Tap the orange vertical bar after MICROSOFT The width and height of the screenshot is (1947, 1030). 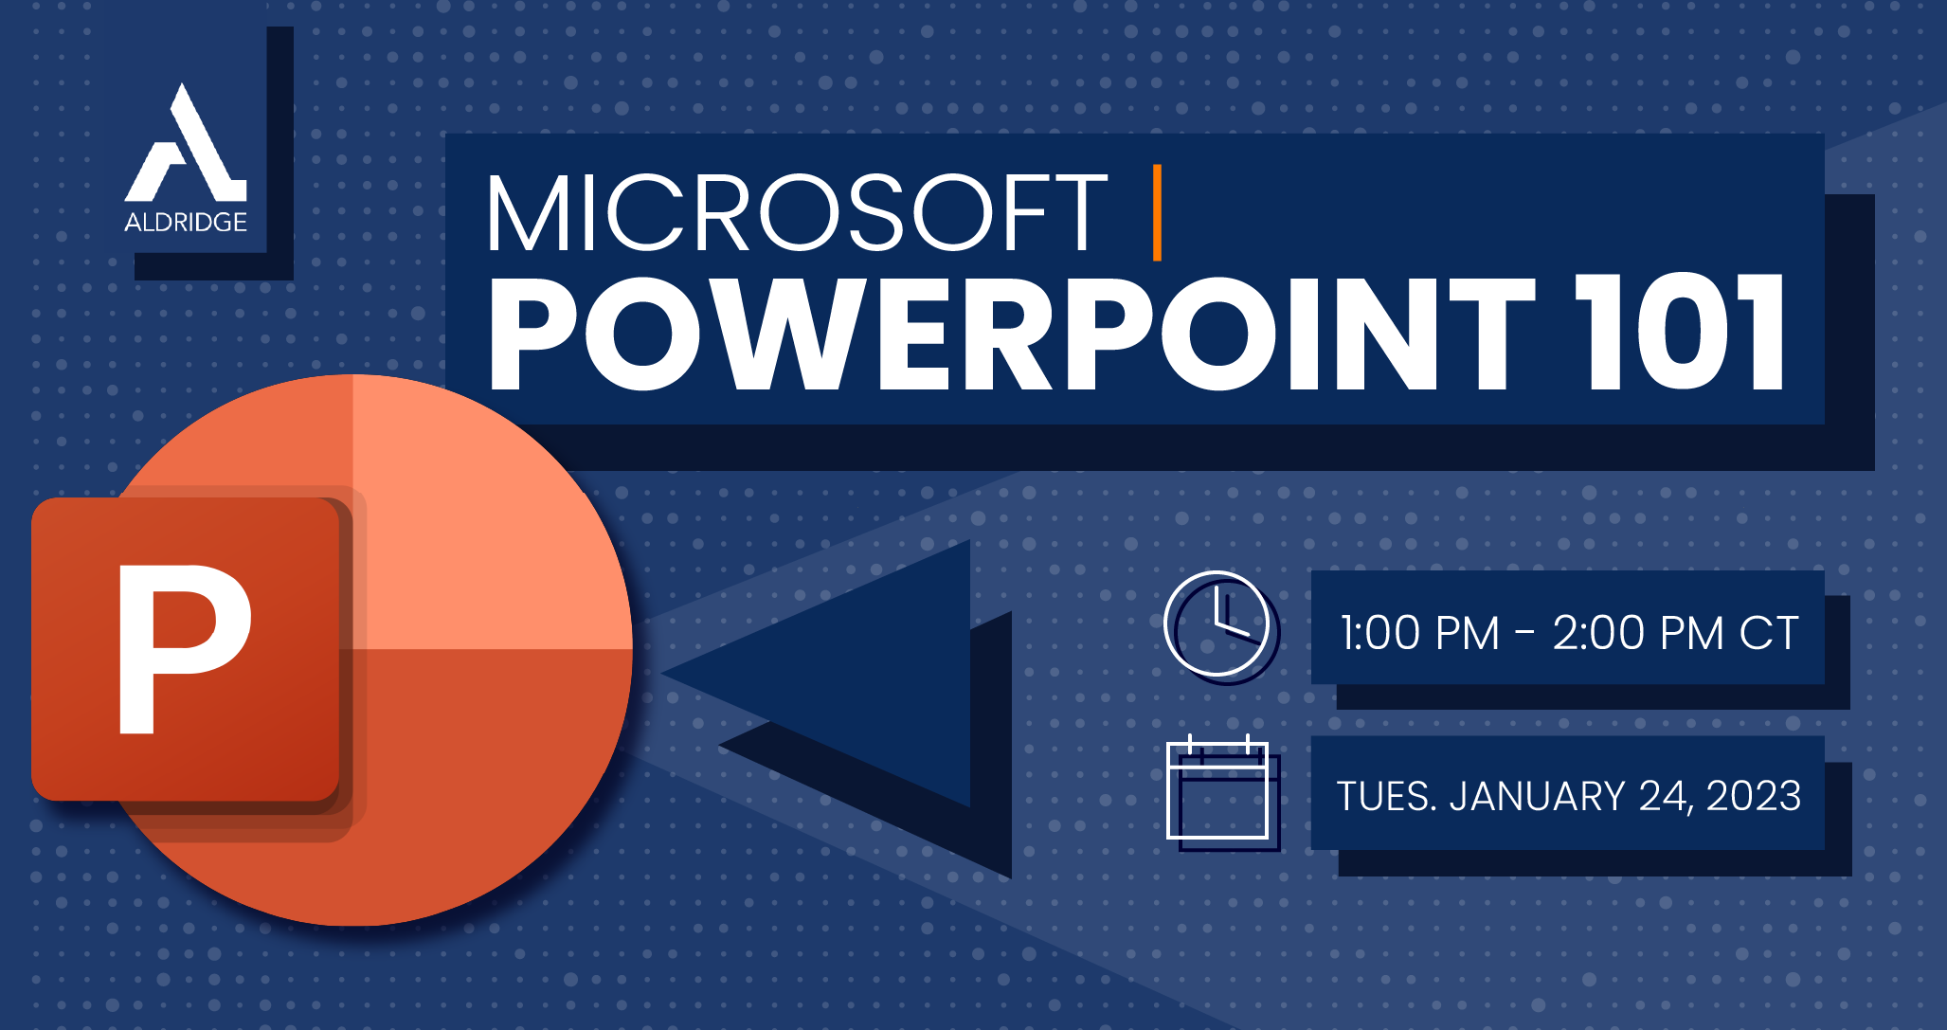(1157, 212)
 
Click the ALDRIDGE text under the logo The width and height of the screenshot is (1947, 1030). (186, 223)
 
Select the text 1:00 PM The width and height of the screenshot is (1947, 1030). (1419, 633)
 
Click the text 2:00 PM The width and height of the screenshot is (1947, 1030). (1637, 633)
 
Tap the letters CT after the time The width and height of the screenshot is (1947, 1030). (1769, 633)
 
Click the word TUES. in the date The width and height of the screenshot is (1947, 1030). (1386, 796)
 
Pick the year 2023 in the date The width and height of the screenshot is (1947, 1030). (1753, 796)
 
